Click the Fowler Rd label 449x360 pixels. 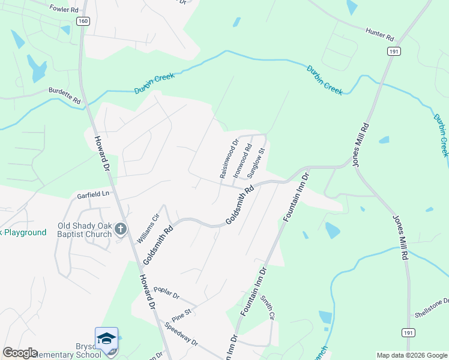[64, 10]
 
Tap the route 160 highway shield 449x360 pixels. [83, 21]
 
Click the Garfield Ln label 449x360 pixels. [94, 194]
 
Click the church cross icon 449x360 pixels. [121, 229]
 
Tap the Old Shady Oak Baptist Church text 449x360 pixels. [85, 230]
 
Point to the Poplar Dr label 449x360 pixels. [166, 292]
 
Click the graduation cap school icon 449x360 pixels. [106, 338]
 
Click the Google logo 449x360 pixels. [20, 353]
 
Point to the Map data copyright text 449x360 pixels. [411, 355]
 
